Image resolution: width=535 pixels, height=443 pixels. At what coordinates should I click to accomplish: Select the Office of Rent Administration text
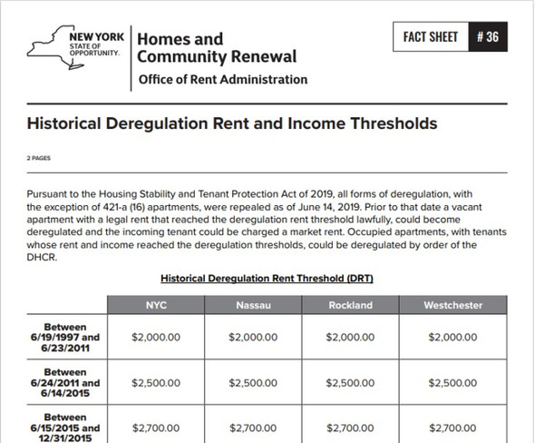point(222,80)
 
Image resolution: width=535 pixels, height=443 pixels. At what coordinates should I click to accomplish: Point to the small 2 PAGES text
point(39,157)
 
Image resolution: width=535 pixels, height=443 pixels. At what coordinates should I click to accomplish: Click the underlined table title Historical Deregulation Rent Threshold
point(267,278)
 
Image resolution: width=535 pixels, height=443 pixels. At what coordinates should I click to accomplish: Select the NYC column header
point(156,305)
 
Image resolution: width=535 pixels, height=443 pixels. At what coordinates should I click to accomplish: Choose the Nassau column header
point(253,305)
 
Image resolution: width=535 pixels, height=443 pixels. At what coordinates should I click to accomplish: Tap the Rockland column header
point(350,305)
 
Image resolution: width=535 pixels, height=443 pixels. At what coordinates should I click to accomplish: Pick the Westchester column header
point(452,305)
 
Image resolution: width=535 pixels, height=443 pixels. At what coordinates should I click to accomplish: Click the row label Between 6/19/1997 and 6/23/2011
point(65,336)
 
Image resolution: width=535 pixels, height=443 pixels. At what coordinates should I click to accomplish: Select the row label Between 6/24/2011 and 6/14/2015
point(65,383)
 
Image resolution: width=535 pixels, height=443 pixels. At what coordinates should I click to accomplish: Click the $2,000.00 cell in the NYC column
point(156,336)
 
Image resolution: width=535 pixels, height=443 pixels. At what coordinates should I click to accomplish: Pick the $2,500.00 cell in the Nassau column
point(253,383)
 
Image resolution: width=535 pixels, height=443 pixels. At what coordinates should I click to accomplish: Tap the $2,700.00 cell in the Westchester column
point(452,427)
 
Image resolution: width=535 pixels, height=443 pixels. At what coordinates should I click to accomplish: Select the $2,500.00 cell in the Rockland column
point(350,383)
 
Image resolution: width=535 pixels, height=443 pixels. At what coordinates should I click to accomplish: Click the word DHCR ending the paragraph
point(43,258)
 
